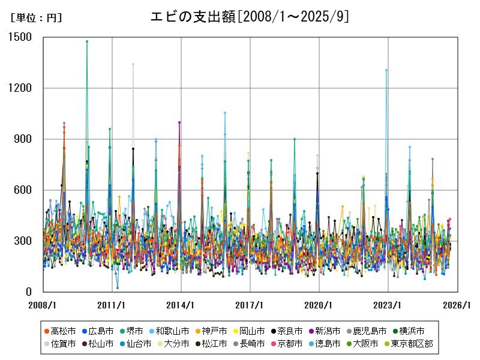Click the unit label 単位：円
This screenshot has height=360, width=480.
tap(36, 18)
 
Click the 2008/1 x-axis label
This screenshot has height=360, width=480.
tap(43, 305)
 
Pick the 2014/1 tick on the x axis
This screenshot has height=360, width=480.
tap(181, 305)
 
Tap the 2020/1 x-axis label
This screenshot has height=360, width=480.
tap(319, 305)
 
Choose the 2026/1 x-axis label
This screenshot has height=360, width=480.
tap(457, 305)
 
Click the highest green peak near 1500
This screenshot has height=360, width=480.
tap(87, 41)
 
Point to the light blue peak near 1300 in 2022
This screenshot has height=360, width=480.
tap(386, 70)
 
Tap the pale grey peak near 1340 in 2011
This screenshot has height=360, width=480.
tap(133, 64)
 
